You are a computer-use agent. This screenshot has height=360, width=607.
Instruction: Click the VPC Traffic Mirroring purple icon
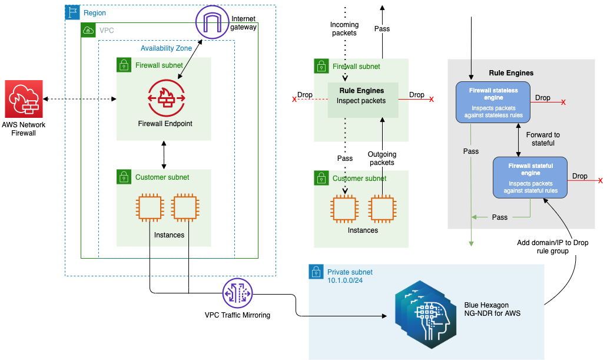click(x=237, y=293)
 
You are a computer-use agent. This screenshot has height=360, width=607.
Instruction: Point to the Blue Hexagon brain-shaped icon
click(x=423, y=312)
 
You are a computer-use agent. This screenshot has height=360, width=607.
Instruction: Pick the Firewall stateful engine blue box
click(x=529, y=177)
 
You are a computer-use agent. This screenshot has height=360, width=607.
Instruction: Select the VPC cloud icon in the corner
click(x=88, y=29)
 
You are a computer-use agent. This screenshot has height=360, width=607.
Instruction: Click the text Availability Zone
click(x=166, y=48)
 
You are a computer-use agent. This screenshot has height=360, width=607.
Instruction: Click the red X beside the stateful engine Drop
click(x=600, y=180)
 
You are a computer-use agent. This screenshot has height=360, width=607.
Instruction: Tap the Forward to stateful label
click(x=543, y=138)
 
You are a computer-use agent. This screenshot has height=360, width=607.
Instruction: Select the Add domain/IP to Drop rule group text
click(x=552, y=247)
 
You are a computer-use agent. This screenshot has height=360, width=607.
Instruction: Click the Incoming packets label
click(x=344, y=29)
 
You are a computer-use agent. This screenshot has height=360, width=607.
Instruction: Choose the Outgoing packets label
click(x=382, y=158)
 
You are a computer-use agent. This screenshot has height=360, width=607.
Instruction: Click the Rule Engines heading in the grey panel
click(x=511, y=73)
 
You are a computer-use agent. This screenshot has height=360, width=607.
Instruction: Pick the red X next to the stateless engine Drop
click(x=563, y=103)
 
